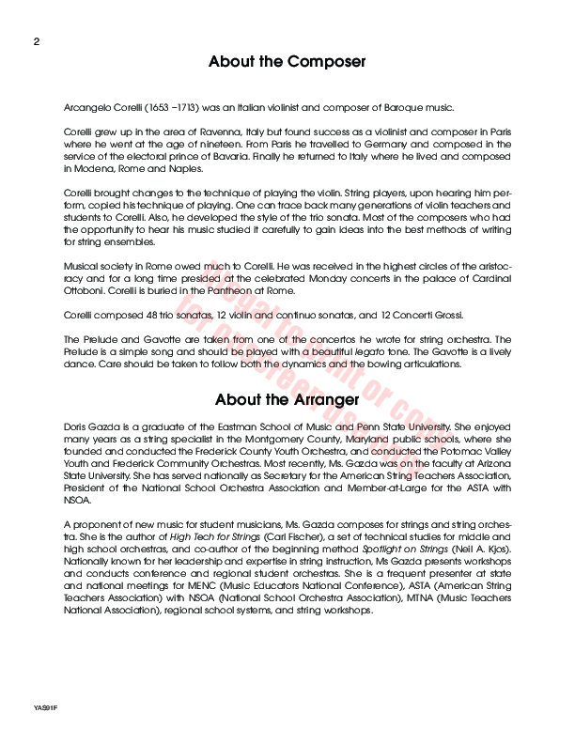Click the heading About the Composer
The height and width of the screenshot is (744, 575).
(287, 63)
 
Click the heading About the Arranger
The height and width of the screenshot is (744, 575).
(287, 399)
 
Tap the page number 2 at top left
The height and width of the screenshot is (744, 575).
(37, 42)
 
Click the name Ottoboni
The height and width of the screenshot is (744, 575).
(85, 290)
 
